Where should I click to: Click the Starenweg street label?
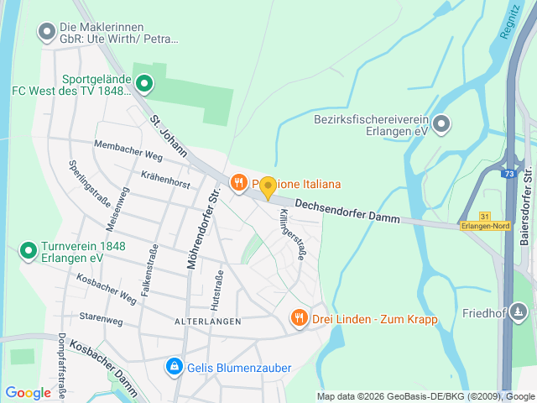(101, 317)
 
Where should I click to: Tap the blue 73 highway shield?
(509, 174)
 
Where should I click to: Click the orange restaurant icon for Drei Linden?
(299, 317)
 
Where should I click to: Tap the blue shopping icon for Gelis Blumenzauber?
(174, 367)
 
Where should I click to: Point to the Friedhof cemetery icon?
(520, 313)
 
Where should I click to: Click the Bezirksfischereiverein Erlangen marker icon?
(442, 124)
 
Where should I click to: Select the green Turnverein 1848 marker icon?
(28, 250)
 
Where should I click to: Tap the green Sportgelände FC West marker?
(144, 83)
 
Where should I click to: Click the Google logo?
(29, 392)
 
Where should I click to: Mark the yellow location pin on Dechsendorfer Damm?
(268, 188)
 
